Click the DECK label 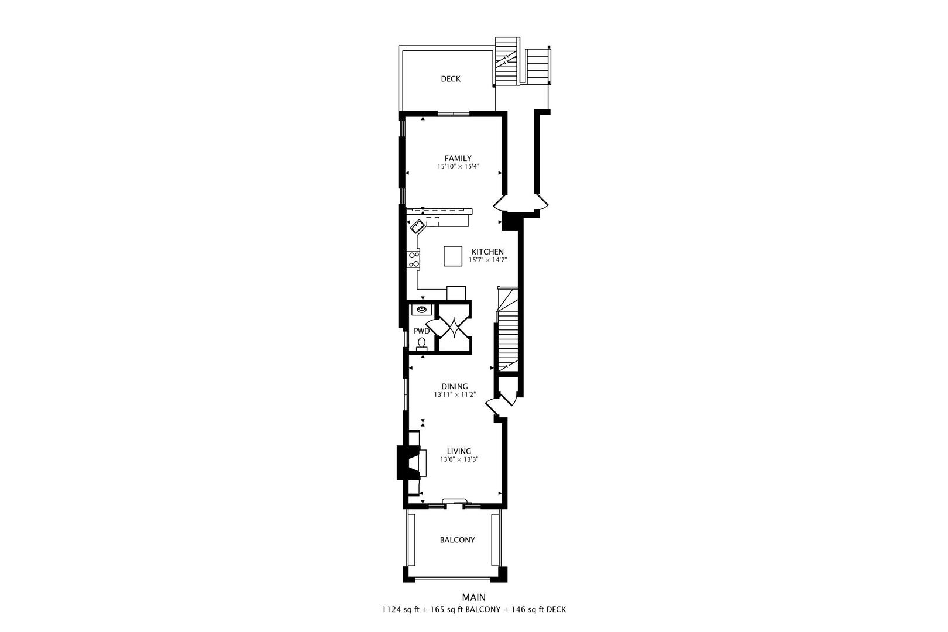click(451, 79)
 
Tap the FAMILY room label click(458, 158)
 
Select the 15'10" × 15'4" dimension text click(458, 167)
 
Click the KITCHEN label click(487, 252)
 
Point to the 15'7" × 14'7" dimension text click(487, 260)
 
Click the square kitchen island click(453, 256)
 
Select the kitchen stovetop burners click(414, 259)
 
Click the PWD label click(421, 331)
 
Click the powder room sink click(421, 309)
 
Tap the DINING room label click(455, 386)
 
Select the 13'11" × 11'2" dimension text click(455, 395)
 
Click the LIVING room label click(459, 451)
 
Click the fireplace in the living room click(408, 463)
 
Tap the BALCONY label click(458, 540)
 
